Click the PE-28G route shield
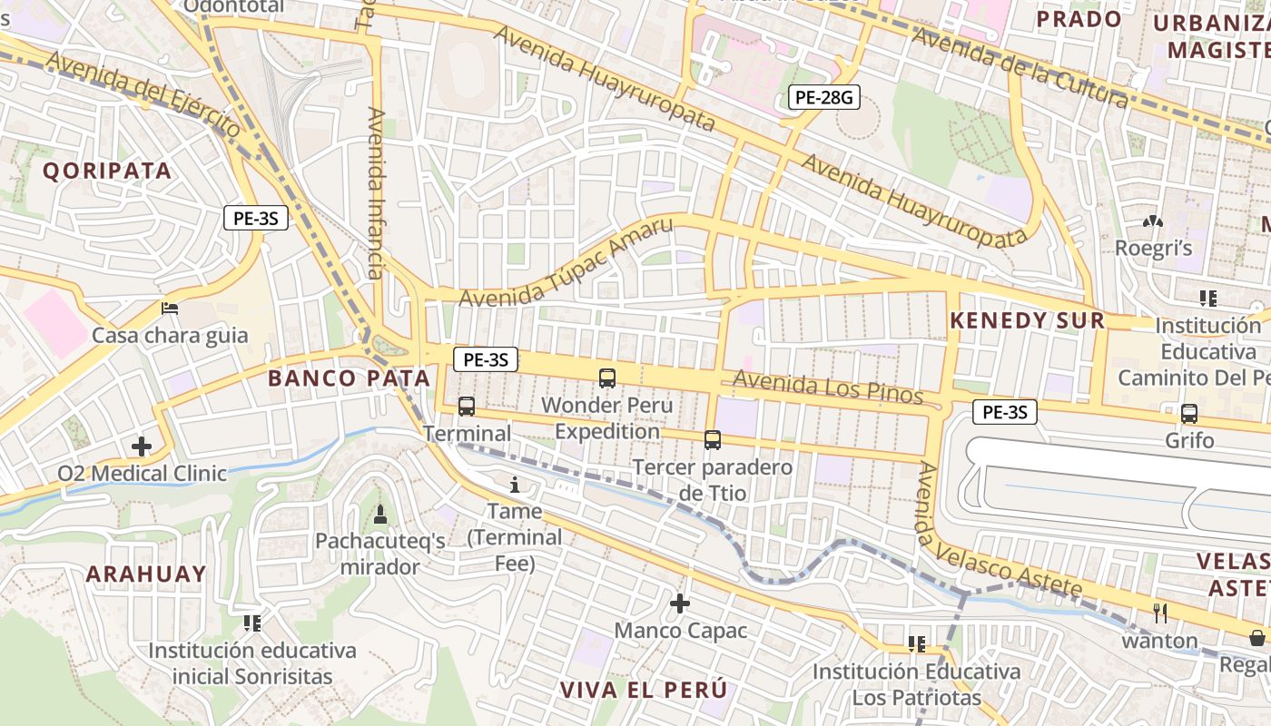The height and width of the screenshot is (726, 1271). point(823,97)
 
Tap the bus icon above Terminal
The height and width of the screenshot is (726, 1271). point(467,406)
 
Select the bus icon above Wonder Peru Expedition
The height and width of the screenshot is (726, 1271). point(607,378)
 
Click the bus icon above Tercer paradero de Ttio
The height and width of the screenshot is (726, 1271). point(713,440)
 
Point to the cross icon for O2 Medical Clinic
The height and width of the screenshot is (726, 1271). point(142,446)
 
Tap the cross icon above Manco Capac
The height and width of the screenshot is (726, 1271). point(680,603)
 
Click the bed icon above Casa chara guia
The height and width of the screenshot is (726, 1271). point(170,309)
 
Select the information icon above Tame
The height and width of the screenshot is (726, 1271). point(516,485)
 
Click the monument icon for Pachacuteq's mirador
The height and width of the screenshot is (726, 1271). point(380,515)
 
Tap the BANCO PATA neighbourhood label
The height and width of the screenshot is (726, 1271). point(349,378)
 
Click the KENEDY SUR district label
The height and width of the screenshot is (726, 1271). point(1027,320)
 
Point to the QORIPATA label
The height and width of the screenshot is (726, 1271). point(107,171)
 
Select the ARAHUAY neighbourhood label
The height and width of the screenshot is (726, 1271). point(146,574)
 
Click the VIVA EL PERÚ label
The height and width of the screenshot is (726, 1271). point(644,689)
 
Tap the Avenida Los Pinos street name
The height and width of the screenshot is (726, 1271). point(827,388)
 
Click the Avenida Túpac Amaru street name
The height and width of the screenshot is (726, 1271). point(566,263)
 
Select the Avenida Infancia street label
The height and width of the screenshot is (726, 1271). point(376,192)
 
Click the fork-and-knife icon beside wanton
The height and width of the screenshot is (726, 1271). point(1159,613)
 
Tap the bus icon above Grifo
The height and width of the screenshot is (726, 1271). point(1189,414)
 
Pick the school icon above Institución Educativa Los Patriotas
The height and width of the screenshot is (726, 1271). point(916,644)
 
